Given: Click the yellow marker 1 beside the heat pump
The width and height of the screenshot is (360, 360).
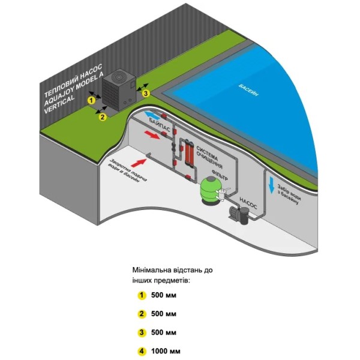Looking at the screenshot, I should click(x=91, y=100).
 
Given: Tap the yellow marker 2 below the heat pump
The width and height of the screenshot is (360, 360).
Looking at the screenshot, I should click(x=103, y=117).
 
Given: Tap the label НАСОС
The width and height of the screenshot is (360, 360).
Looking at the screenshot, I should click(x=248, y=200).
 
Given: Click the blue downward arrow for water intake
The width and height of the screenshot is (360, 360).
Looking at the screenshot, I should click(x=272, y=186).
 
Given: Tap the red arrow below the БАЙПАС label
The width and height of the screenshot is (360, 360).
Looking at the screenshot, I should click(x=152, y=136).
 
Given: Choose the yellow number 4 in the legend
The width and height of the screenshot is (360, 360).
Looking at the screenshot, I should click(x=142, y=351).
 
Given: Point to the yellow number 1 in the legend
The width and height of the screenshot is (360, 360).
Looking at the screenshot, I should click(x=142, y=295).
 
